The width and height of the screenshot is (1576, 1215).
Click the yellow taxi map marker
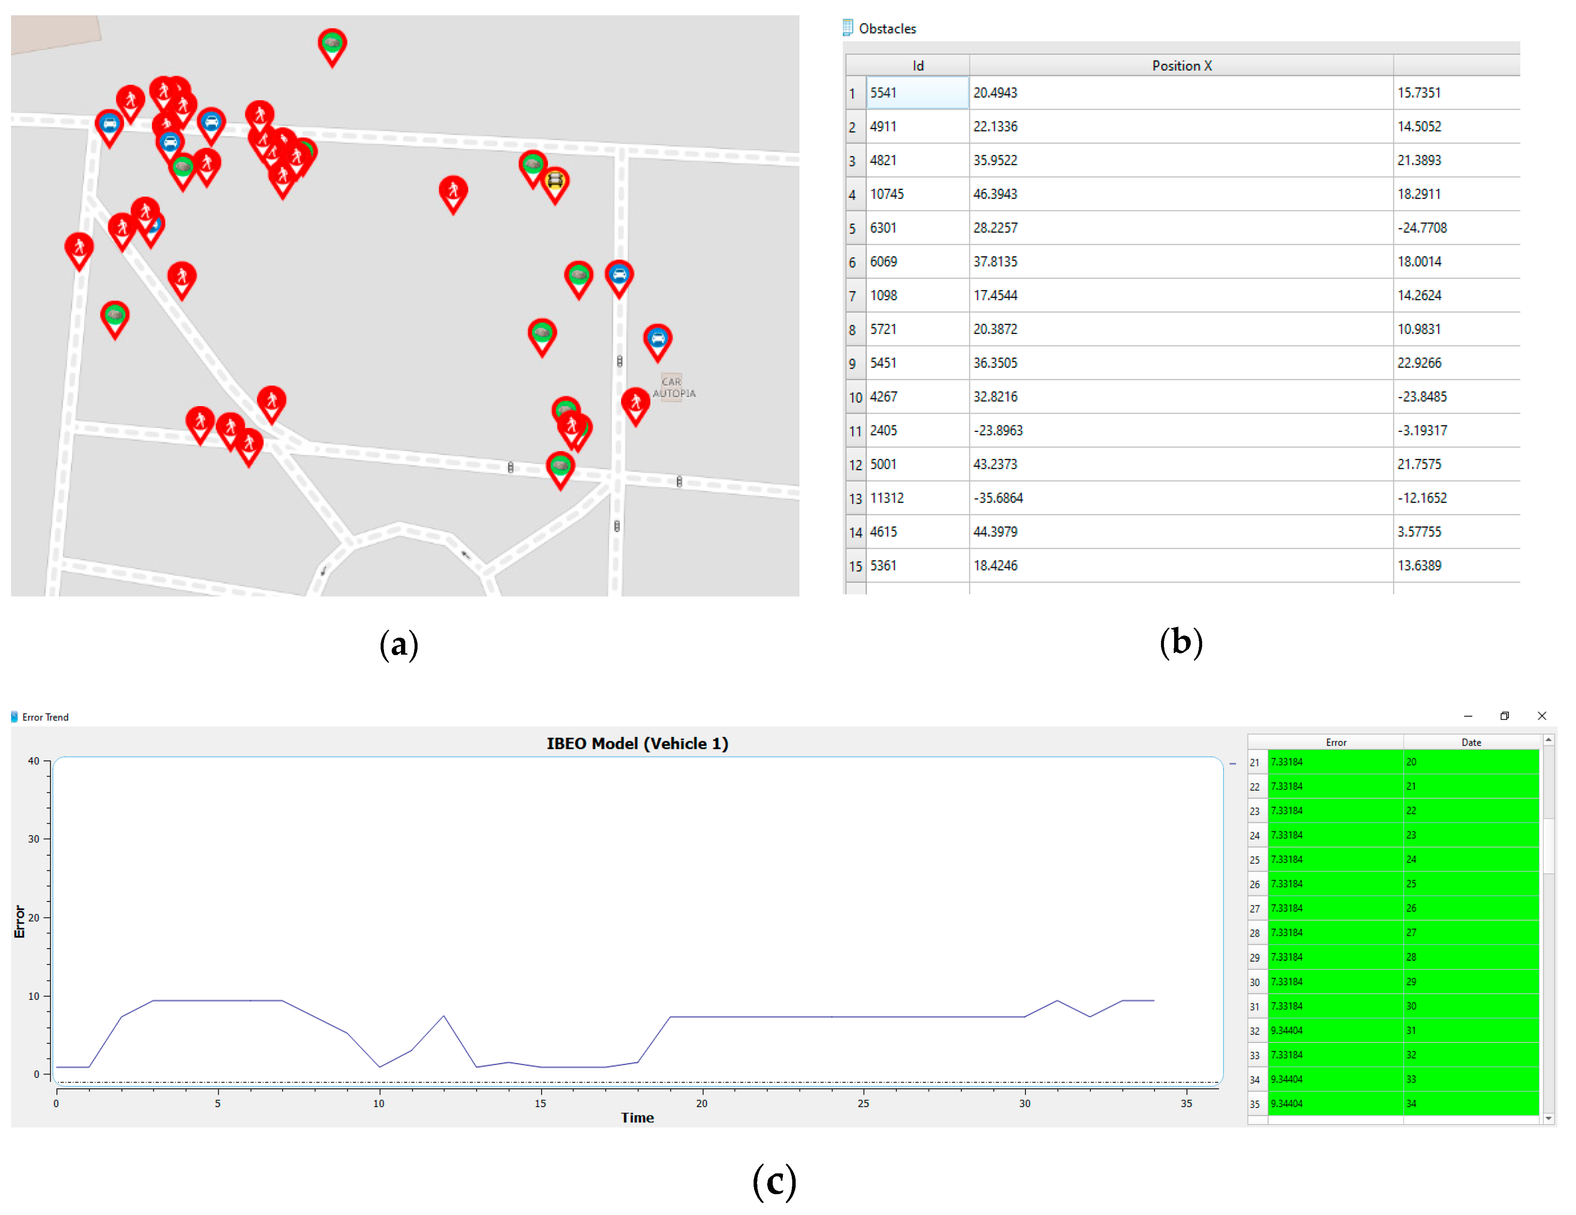click(554, 181)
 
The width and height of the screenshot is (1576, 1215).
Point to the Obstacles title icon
click(848, 28)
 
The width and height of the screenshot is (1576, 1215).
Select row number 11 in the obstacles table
click(855, 431)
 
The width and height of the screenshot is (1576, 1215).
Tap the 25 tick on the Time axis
click(863, 1103)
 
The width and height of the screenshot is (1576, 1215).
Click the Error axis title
click(20, 921)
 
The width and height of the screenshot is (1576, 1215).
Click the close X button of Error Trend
click(1541, 716)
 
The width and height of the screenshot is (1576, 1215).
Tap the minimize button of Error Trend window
click(1467, 716)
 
